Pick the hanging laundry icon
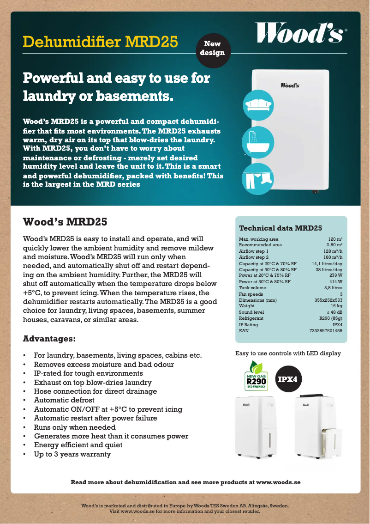click(x=258, y=178)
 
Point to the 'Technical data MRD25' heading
click(x=280, y=228)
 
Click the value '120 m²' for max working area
click(x=335, y=239)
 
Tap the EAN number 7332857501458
click(x=326, y=331)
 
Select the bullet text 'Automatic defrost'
click(x=64, y=400)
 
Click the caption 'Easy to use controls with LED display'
click(x=288, y=353)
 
